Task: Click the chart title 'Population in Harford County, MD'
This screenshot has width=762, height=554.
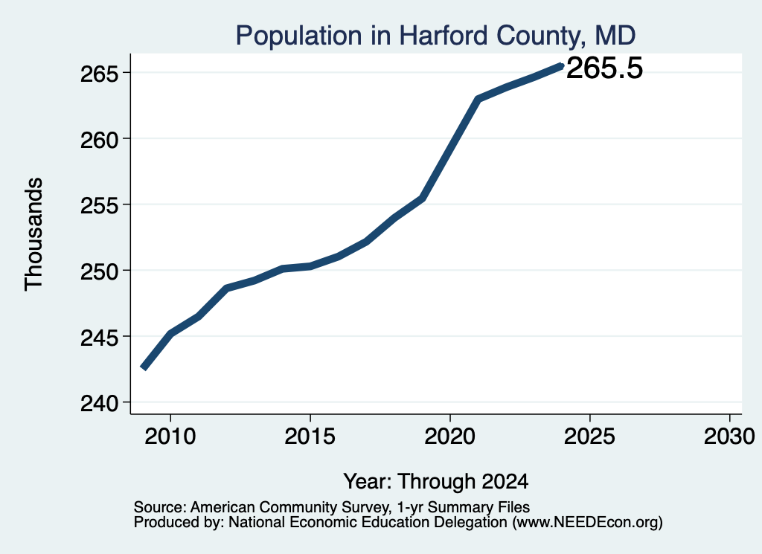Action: tap(435, 36)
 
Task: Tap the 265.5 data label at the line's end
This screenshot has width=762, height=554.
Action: tap(604, 68)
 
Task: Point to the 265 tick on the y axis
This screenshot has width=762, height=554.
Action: tap(99, 74)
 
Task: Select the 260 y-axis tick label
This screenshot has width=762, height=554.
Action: tap(99, 139)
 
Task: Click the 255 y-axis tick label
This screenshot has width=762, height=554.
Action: tap(99, 205)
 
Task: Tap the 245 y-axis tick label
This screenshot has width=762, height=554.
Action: tap(99, 337)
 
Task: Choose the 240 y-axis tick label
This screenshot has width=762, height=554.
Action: tap(99, 403)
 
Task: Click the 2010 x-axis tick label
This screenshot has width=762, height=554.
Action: tap(170, 436)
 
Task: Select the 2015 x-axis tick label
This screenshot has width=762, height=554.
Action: tap(310, 436)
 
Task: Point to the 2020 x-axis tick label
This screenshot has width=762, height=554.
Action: tap(450, 436)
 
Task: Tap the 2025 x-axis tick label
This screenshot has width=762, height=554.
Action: tap(589, 436)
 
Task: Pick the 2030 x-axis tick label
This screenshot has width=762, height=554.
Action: tap(729, 436)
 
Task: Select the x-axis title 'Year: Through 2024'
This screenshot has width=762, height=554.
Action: tap(436, 481)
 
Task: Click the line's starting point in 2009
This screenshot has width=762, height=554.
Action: tap(143, 368)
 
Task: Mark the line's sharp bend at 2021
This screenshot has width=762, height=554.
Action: tap(478, 99)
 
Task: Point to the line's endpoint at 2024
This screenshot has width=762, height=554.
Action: tap(562, 65)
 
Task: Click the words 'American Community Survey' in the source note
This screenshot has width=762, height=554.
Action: tap(289, 507)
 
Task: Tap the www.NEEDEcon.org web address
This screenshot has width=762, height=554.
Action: tap(586, 523)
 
